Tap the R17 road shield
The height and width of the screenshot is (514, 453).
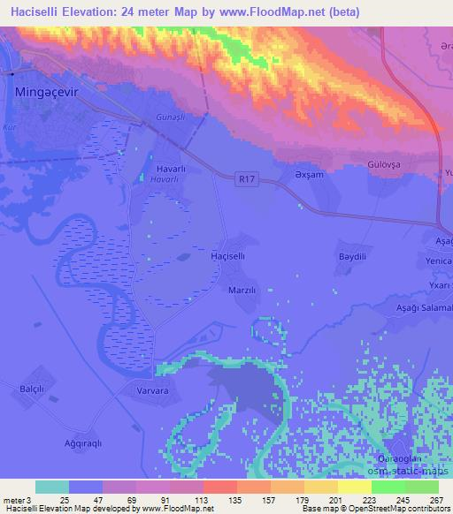coord(250,179)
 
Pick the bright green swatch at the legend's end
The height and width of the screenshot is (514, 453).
coord(421,486)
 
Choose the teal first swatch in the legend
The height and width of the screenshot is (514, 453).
coord(51,486)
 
